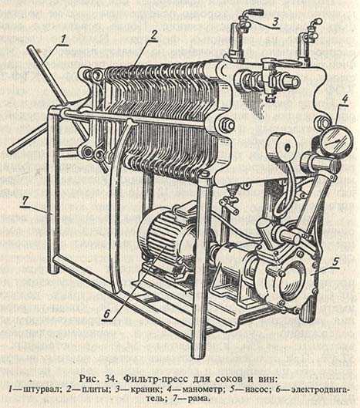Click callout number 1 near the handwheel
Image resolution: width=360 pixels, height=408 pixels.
(x=63, y=40)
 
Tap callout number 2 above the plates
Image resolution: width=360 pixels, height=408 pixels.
(x=154, y=35)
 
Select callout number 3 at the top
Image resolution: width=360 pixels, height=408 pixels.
(x=275, y=22)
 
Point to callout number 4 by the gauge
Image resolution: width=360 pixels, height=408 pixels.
(x=345, y=99)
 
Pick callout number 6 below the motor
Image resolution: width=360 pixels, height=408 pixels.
(x=106, y=315)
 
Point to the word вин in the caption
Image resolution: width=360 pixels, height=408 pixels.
(x=264, y=379)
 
